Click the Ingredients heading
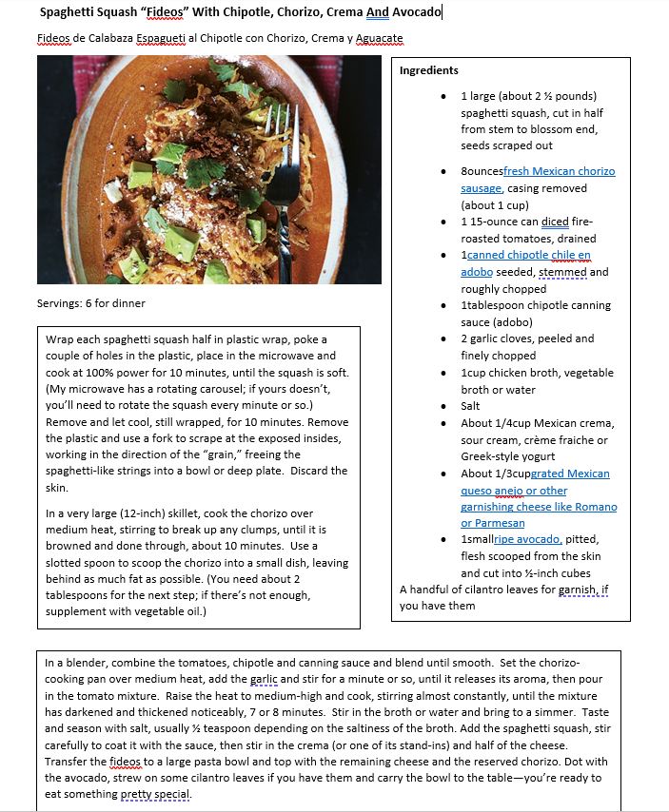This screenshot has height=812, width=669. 428,70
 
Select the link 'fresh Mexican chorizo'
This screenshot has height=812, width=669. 560,171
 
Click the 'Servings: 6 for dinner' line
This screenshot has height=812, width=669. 90,303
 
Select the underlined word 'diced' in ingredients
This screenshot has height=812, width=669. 555,222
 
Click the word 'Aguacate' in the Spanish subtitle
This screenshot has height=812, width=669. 379,39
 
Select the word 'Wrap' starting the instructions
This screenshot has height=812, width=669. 60,339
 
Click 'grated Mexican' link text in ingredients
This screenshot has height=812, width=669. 569,474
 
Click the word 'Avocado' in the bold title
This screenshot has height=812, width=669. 417,11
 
